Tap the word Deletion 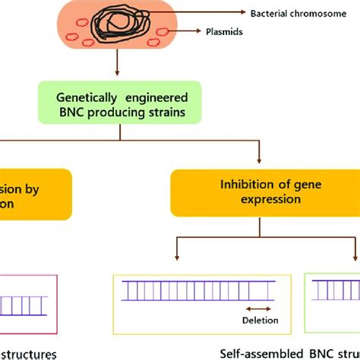click(261, 321)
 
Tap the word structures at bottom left click(30, 354)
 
